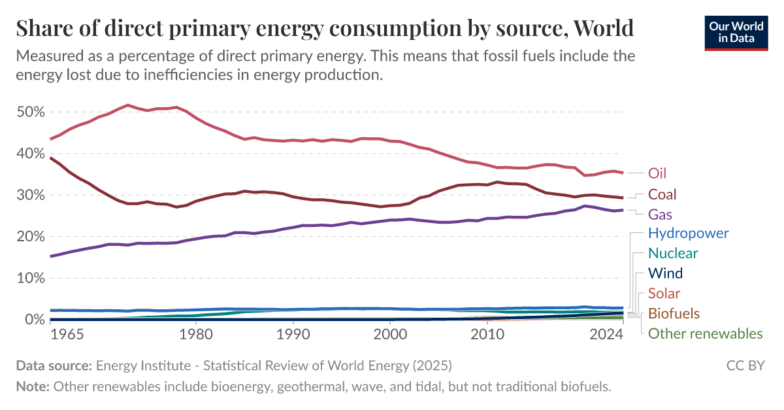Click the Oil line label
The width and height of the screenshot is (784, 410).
click(657, 173)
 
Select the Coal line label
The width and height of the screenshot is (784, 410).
click(662, 194)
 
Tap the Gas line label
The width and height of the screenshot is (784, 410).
click(660, 214)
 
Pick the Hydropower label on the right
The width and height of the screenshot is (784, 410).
click(688, 233)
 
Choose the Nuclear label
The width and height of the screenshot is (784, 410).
click(673, 253)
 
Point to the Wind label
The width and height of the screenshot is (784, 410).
click(665, 273)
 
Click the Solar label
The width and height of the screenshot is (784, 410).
click(664, 294)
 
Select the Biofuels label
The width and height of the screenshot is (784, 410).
click(674, 314)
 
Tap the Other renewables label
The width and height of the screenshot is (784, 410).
click(705, 334)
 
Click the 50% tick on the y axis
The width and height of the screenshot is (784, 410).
click(30, 112)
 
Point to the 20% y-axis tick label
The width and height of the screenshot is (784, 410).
click(30, 237)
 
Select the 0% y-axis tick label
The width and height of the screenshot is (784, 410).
click(34, 320)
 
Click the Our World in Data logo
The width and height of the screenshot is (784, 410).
click(736, 32)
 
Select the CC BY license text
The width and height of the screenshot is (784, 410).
click(745, 365)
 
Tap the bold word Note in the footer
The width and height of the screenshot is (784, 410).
click(33, 386)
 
